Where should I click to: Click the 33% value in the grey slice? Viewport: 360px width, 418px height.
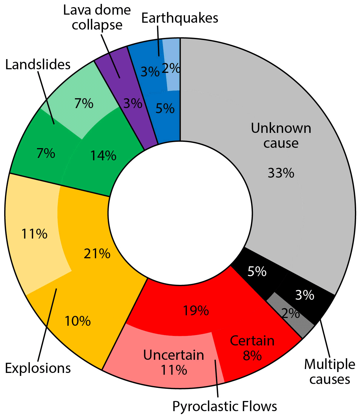pos(281,173)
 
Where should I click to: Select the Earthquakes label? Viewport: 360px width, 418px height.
pos(180,18)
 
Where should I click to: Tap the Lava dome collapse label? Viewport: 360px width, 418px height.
pos(97,18)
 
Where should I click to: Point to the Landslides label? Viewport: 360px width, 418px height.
pos(38,65)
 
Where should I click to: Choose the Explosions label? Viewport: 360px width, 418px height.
pos(38,368)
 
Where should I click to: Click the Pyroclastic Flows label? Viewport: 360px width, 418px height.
pos(225,406)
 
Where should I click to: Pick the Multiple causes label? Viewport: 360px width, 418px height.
pos(330,372)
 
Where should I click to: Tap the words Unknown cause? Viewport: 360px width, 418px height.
pos(281,136)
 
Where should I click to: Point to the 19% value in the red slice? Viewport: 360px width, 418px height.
pos(196,311)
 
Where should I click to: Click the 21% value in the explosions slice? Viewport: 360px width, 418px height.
pos(97,254)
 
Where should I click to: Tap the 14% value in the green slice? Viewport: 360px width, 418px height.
pos(103,156)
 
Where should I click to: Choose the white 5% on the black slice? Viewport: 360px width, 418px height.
pos(257,271)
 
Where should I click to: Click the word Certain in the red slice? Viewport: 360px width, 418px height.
pos(252,341)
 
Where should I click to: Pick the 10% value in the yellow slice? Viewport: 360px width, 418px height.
pos(78,321)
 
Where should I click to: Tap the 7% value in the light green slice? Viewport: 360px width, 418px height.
pos(84,104)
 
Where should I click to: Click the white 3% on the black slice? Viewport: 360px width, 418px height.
pos(305,295)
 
